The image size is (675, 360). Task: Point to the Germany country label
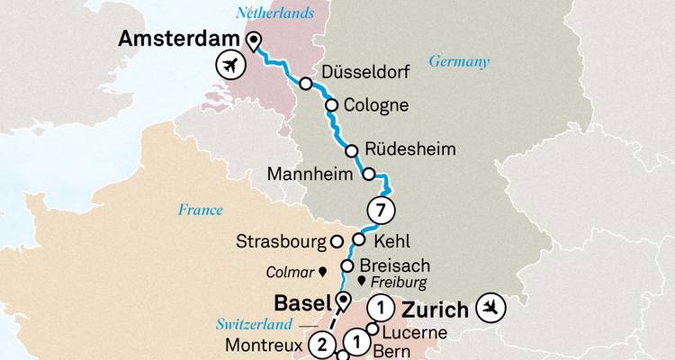click(x=459, y=62)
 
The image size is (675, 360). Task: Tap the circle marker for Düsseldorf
click(x=306, y=84)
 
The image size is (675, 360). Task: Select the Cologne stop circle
click(x=331, y=104)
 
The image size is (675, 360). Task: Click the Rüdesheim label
click(x=405, y=148)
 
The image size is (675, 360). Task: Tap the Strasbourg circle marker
click(x=337, y=241)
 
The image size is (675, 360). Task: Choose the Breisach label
click(x=394, y=265)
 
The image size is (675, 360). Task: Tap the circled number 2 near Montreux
click(x=321, y=344)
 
